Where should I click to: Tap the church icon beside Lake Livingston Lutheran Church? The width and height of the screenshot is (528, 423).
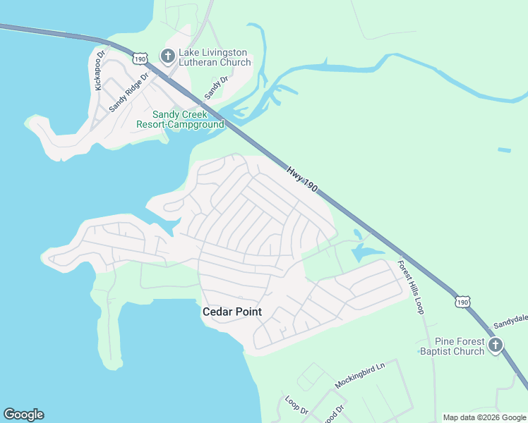(x=168, y=56)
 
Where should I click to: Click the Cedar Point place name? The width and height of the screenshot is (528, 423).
(x=232, y=312)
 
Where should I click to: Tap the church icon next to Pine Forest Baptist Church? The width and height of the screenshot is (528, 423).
(x=496, y=345)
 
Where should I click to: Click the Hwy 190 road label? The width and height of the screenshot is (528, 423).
(x=302, y=180)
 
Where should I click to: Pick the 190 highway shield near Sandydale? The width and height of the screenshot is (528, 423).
(x=462, y=301)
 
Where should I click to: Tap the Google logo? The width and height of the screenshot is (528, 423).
(x=23, y=415)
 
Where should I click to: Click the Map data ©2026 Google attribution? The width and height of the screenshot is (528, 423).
(x=484, y=417)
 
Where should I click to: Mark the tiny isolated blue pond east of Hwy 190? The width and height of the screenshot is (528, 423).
(x=504, y=150)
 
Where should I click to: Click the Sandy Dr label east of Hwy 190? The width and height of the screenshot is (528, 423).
(x=217, y=87)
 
